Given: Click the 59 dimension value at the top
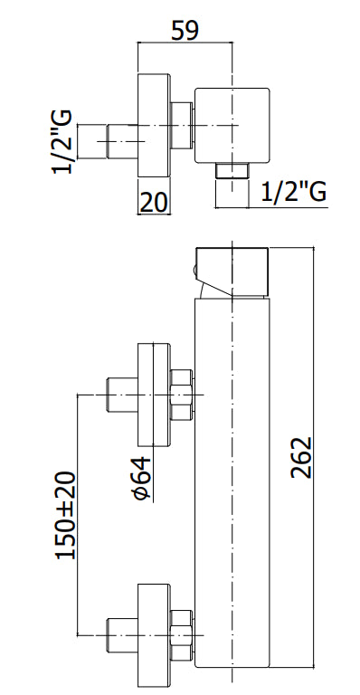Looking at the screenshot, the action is (x=185, y=30).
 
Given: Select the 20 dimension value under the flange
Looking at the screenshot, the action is (x=154, y=202).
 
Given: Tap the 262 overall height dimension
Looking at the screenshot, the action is (x=301, y=458).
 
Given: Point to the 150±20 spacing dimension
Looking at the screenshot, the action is (x=65, y=516).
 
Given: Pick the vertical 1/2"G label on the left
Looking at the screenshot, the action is (x=62, y=142).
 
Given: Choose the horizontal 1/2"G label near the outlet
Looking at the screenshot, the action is (x=294, y=193).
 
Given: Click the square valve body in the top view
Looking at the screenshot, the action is (x=232, y=126).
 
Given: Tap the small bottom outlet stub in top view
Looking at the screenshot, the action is (x=232, y=171).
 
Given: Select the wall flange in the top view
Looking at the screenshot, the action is (x=154, y=126).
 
